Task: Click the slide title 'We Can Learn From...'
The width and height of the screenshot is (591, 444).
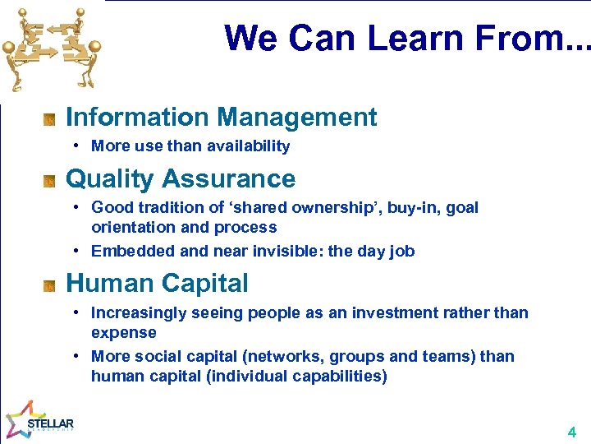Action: point(406,38)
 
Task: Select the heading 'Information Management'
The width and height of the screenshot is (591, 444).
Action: point(221,117)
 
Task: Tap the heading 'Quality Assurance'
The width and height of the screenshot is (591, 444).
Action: point(180,178)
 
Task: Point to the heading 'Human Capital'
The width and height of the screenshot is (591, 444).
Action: point(157,283)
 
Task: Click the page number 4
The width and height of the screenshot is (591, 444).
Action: point(571,432)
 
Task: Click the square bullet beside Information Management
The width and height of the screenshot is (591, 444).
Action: point(49,120)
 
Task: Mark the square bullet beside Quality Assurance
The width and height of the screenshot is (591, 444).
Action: point(49,182)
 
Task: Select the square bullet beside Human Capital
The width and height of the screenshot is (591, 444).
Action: point(49,286)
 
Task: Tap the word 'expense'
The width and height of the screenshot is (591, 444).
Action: point(123,333)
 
